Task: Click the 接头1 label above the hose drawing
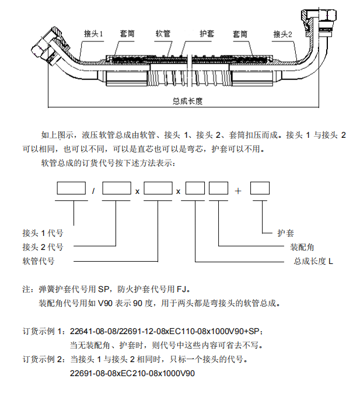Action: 93,34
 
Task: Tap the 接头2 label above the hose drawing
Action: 282,34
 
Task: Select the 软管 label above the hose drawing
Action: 163,34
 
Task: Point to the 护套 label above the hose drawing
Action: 207,34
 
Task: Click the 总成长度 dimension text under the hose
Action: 187,101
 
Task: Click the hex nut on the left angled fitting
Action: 39,48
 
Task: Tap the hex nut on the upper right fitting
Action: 327,15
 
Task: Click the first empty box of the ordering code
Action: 71,188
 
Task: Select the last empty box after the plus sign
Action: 260,188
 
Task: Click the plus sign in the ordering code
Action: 238,191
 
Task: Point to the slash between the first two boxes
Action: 93,191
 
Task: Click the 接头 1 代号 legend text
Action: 43,233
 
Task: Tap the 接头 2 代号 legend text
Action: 43,247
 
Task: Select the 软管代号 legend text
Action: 39,261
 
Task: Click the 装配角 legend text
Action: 302,247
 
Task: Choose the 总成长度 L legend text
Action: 313,261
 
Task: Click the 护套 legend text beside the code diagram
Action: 285,233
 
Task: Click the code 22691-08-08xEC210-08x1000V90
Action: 132,373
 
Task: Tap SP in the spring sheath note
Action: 104,289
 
